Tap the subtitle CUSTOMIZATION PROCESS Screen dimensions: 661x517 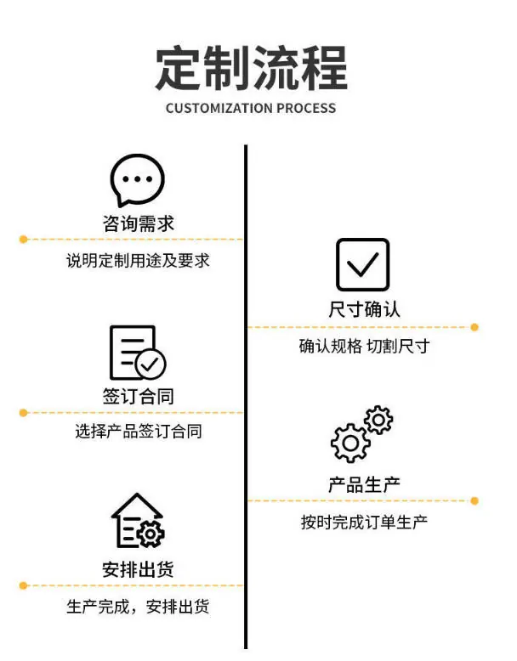pos(251,109)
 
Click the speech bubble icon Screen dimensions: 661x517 pos(137,180)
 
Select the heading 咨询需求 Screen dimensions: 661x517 pos(138,224)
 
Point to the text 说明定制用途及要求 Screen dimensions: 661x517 pos(138,261)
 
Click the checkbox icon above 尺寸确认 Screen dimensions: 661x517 pos(363,265)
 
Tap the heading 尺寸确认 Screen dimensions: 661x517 pos(364,310)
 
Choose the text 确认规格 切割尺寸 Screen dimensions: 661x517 pos(364,347)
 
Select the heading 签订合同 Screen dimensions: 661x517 pos(138,397)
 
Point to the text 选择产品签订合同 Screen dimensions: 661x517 pos(138,432)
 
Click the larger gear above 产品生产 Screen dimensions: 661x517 pos(349,443)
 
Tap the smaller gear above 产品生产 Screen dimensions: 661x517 pos(378,420)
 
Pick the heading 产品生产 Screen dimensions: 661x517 pos(364,484)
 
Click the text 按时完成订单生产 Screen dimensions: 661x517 pos(364,522)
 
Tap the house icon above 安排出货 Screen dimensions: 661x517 pos(137,523)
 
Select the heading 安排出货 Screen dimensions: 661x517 pos(138,569)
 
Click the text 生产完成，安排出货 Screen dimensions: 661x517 pos(138,607)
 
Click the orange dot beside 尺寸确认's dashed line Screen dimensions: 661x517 pos(474,327)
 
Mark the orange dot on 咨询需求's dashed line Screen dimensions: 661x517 pos(23,240)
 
